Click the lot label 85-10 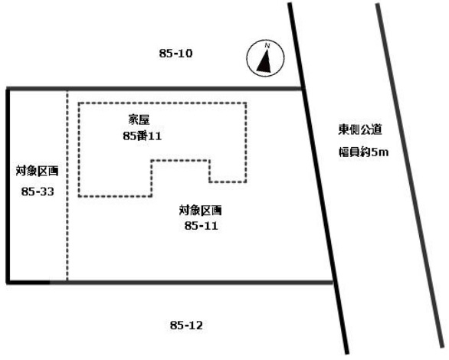pos(175,54)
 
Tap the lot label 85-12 pos(186,325)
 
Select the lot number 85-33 pos(38,191)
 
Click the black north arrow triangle pos(264,61)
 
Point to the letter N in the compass pos(267,45)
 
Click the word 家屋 pos(139,120)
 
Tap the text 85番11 pos(143,136)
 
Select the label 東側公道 pos(360,129)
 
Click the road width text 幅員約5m pos(364,152)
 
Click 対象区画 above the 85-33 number pos(38,171)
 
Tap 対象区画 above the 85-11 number pos(201,211)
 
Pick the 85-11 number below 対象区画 pos(201,226)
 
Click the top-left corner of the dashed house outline pos(79,103)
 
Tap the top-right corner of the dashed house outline pos(246,103)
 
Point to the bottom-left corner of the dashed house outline pos(79,196)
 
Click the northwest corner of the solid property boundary pos(8,89)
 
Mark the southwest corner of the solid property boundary pos(8,283)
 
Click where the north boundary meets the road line pos(303,89)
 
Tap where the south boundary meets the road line pos(333,283)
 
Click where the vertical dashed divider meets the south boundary pos(67,283)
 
